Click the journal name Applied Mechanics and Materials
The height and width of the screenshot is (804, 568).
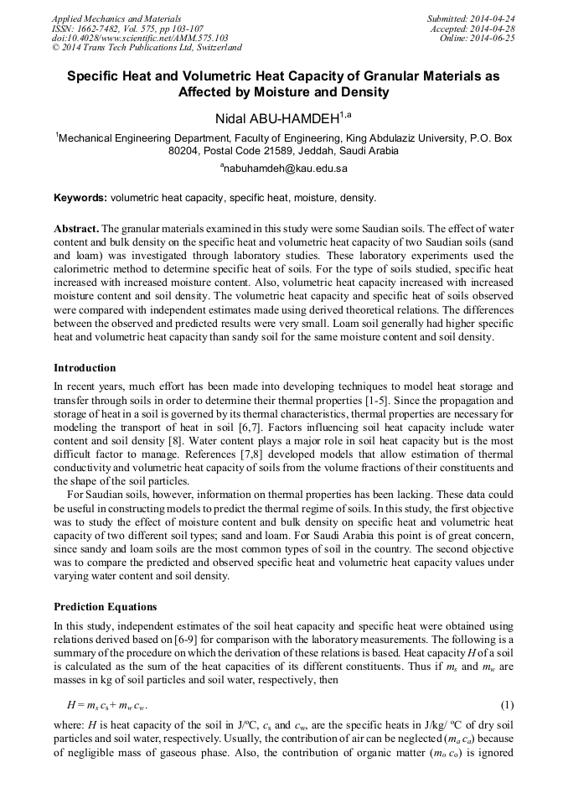pos(116,18)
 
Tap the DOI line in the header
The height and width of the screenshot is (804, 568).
pos(140,38)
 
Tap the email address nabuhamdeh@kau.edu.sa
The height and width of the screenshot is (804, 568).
pos(284,169)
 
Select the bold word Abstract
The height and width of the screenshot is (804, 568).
pos(76,229)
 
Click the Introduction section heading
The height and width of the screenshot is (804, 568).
pos(85,368)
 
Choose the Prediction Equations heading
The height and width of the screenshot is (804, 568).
pos(105,607)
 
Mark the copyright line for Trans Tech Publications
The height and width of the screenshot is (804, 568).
pos(147,48)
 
